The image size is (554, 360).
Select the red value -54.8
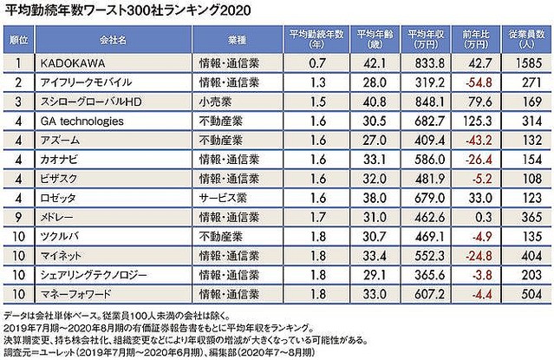[x=472, y=82]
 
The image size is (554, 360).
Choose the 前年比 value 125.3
[x=472, y=121]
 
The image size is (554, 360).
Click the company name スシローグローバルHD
[x=90, y=101]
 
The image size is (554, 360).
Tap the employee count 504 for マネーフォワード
[x=525, y=292]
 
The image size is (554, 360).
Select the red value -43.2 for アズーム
[x=472, y=140]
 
